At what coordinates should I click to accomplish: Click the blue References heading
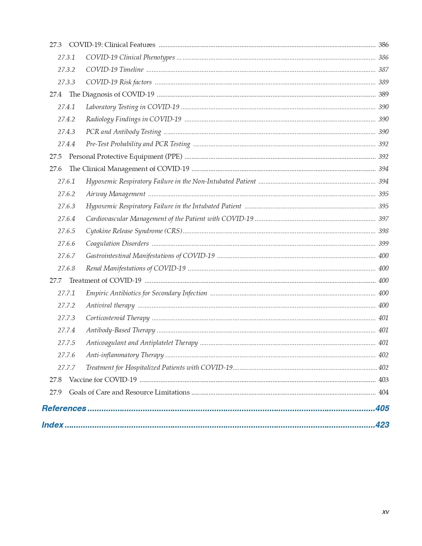pyautogui.click(x=64, y=408)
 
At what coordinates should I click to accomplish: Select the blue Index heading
pyautogui.click(x=52, y=425)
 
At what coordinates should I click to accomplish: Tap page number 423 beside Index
pyautogui.click(x=382, y=425)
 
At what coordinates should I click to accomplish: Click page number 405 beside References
pyautogui.click(x=382, y=408)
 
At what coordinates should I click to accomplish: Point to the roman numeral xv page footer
pyautogui.click(x=385, y=512)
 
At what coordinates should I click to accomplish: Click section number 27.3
pyautogui.click(x=56, y=45)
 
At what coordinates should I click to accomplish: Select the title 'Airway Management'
pyautogui.click(x=115, y=194)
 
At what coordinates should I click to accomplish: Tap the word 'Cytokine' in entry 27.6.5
pyautogui.click(x=98, y=231)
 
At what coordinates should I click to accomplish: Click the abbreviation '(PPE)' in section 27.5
pyautogui.click(x=174, y=156)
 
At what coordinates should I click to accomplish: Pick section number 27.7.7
pyautogui.click(x=66, y=367)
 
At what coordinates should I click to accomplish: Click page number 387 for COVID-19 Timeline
pyautogui.click(x=383, y=69)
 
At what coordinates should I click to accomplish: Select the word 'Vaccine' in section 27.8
pyautogui.click(x=80, y=380)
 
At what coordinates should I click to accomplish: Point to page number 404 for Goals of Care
pyautogui.click(x=383, y=392)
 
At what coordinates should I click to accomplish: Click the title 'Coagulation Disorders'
pyautogui.click(x=117, y=243)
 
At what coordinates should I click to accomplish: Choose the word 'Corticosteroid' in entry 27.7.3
pyautogui.click(x=105, y=318)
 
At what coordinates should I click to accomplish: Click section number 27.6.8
pyautogui.click(x=66, y=268)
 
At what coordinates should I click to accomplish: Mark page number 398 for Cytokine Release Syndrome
pyautogui.click(x=383, y=231)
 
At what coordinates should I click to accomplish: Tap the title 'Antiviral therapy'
pyautogui.click(x=110, y=305)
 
